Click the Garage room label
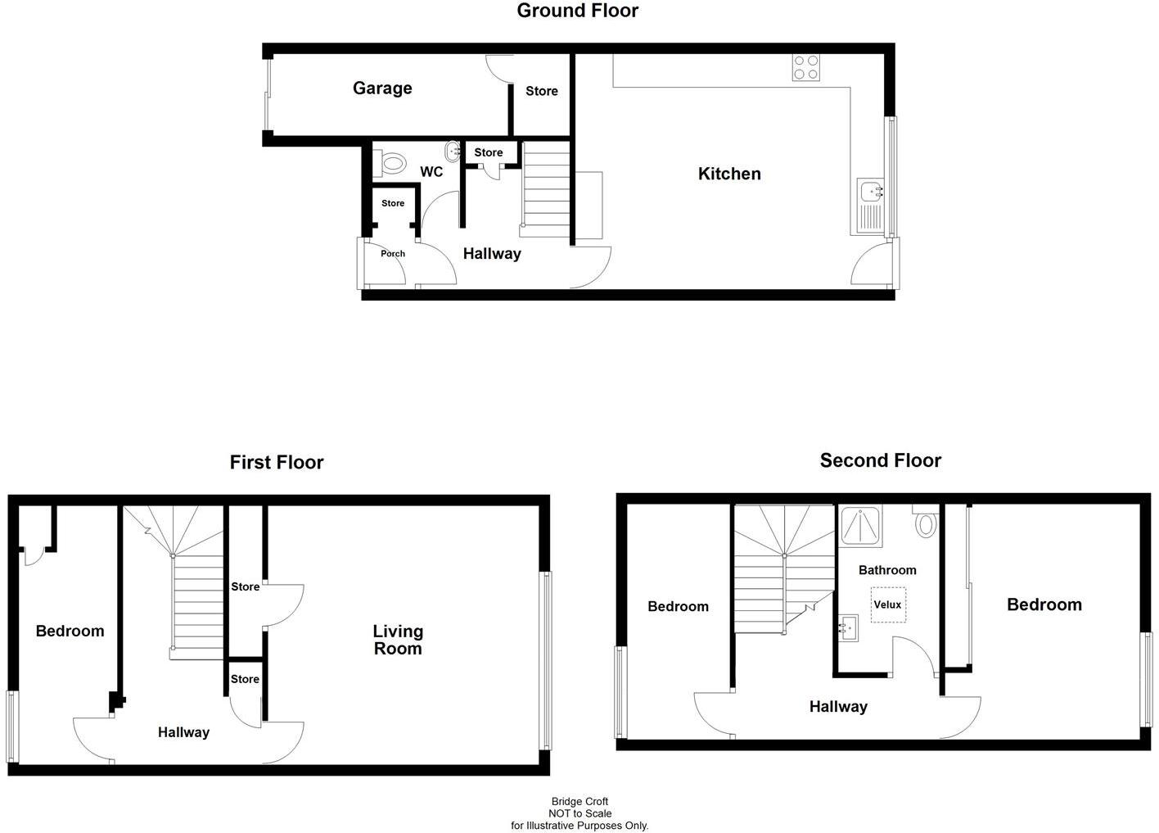382,88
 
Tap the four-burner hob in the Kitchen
806,67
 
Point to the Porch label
393,254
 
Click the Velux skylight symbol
887,605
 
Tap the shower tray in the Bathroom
861,525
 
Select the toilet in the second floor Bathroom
925,522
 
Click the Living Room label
398,640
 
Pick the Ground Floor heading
578,11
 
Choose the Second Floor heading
881,460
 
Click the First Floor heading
277,463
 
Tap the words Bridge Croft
579,802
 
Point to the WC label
431,172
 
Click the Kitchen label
729,174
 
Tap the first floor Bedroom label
70,632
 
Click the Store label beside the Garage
542,92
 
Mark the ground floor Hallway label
492,254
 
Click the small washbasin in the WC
453,152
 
